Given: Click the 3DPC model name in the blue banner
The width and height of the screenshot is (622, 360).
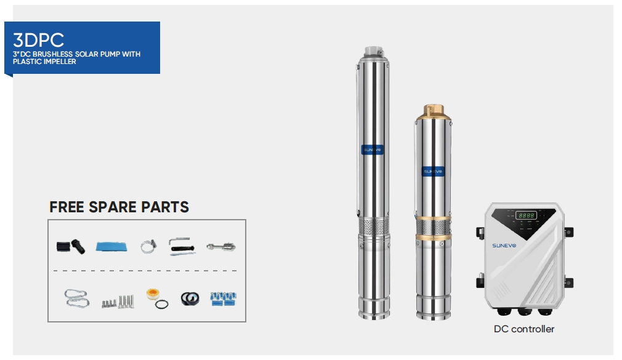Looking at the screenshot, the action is pos(38,40).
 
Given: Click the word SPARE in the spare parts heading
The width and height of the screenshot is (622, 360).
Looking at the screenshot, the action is pos(113,207).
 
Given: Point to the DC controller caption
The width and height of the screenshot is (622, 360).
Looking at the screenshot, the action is pos(523,329).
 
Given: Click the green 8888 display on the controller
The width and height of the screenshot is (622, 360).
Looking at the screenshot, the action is pos(526,215).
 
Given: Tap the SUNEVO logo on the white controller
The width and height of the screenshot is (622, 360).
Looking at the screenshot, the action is pos(504,246).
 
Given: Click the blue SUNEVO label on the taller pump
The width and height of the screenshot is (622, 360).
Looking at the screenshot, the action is pos(372,150).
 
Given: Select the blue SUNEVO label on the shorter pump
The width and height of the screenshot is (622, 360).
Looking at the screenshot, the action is pos(433,171).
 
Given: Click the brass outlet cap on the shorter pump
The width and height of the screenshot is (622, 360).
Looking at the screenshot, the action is pos(433,112).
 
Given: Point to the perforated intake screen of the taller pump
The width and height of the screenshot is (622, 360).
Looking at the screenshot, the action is pos(374,226).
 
